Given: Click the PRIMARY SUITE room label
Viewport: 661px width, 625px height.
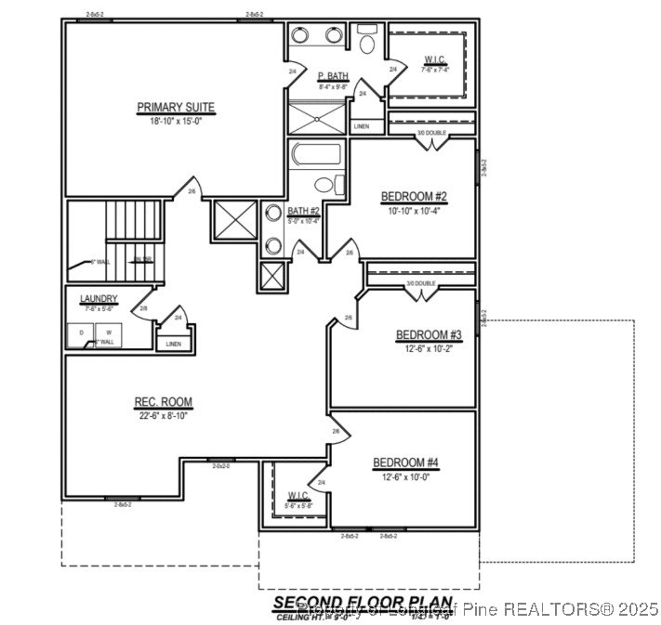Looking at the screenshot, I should pos(176,107).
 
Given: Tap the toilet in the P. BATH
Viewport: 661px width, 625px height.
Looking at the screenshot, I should pos(365,41).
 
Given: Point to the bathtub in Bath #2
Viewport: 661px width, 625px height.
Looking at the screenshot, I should pos(317,153).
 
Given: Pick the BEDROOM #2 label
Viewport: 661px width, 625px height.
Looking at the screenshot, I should pos(414,196).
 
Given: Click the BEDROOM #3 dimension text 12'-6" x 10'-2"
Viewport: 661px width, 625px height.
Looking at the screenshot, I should pos(429,348).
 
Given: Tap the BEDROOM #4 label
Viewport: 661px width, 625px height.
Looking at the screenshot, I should pos(406,462).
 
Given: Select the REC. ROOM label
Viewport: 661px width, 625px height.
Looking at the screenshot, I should pos(164,402).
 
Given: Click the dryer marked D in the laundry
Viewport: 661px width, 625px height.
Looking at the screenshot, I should pos(81,332).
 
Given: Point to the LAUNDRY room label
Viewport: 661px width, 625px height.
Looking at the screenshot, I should pos(98,299).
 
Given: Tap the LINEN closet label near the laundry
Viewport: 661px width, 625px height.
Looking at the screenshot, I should pos(174,344).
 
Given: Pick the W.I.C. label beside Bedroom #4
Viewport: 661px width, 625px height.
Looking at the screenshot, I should pos(298,495).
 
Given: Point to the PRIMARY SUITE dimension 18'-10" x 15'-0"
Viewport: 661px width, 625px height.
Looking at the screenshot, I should pos(176,121).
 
